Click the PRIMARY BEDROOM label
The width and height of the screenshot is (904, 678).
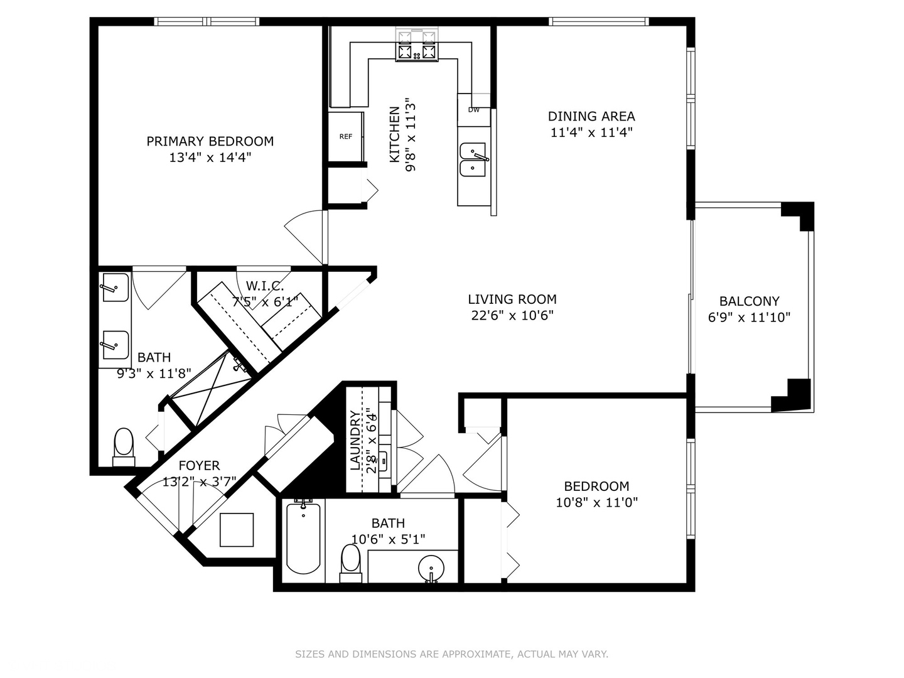coord(210,141)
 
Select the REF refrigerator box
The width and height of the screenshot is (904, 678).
coord(345,137)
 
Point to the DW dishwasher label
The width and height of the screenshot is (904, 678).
coord(473,110)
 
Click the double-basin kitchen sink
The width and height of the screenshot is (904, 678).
coord(473,159)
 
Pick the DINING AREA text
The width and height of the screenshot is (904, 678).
coord(591,116)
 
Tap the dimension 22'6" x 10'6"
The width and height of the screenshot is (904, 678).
coord(512,316)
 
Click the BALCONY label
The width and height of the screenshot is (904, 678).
coord(749,301)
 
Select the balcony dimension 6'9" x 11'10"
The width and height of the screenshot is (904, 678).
coord(749,318)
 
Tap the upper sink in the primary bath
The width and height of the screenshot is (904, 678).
coord(114,288)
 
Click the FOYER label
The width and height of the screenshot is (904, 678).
coord(199,466)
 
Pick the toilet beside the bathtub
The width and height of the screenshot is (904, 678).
coord(350,561)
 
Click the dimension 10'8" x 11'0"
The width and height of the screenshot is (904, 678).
coord(596,502)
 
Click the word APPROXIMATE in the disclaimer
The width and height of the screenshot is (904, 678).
coord(475,654)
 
